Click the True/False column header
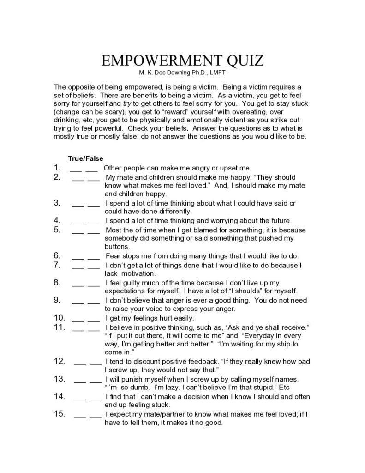coord(85,158)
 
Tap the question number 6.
coord(57,255)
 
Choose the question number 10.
coord(60,318)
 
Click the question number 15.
coord(60,414)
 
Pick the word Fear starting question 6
coord(113,255)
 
